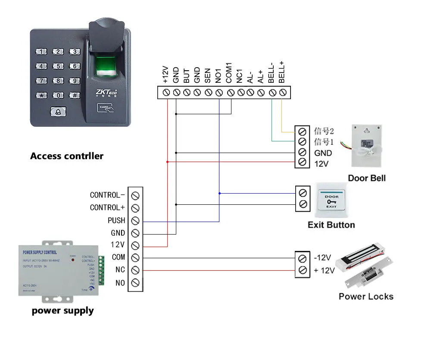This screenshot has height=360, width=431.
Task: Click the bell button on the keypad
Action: tap(58, 112)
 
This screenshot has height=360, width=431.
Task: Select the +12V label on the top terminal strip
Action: tap(166, 74)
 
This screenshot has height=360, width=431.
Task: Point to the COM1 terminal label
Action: tap(230, 72)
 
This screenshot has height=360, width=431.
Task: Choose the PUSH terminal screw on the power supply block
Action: tap(135, 221)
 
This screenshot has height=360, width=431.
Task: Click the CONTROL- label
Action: tap(107, 195)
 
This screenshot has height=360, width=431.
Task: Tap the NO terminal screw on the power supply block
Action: tap(135, 283)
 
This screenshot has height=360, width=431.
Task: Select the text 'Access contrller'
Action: tap(67, 156)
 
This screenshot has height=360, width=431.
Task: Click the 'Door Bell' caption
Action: tap(367, 178)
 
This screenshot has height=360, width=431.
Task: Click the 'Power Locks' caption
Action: tap(366, 296)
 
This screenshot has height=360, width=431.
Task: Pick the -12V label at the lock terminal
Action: tap(322, 258)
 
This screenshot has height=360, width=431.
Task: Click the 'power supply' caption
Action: tap(62, 310)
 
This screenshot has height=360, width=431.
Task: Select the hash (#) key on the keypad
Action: tap(75, 95)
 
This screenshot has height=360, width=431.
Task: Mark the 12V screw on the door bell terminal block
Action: tap(302, 163)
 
